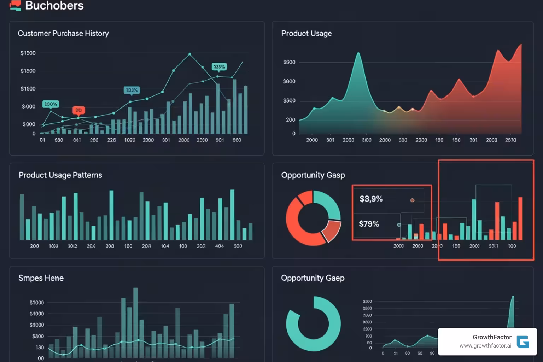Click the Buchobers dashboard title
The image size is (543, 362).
[54, 6]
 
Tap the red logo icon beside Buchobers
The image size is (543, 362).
[15, 5]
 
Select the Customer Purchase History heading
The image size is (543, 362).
[63, 33]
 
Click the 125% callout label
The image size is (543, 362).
[219, 66]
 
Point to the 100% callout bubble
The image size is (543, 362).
[132, 90]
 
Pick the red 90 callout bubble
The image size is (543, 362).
[78, 110]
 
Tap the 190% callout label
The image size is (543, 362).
[51, 104]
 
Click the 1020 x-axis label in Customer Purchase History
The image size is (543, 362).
[130, 140]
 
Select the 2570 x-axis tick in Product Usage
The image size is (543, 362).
[510, 140]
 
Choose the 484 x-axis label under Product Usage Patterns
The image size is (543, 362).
[219, 246]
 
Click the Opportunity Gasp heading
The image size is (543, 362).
[313, 175]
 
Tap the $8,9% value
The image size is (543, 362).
[371, 199]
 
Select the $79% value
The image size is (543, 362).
[369, 224]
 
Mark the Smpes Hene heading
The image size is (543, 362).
[41, 278]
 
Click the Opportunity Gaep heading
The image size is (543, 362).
[313, 278]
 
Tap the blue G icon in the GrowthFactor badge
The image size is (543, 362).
[522, 341]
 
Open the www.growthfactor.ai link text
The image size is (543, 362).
[485, 346]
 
